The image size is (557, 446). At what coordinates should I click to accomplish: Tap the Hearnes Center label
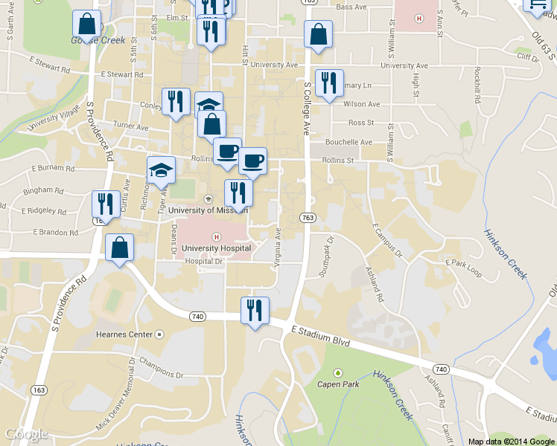124,334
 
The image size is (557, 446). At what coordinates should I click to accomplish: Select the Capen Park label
338,384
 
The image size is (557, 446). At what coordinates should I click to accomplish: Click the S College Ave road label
306,108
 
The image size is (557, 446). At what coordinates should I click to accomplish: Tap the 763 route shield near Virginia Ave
307,217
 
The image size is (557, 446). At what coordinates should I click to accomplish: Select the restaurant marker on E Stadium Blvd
255,311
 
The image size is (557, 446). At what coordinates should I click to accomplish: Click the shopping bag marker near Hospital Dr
119,248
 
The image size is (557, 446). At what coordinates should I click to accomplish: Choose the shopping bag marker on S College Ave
318,34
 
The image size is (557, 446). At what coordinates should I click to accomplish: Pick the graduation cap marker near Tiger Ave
161,170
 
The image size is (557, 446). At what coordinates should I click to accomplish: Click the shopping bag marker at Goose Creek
86,25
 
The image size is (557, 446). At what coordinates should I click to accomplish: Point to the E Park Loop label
463,268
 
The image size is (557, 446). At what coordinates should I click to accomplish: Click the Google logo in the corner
27,434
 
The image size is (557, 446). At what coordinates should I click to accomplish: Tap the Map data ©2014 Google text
512,441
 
